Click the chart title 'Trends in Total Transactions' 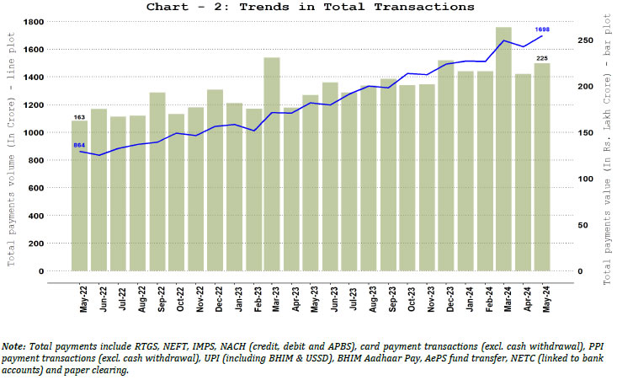310,7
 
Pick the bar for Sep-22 157,182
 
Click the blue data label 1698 543,29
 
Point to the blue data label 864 79,145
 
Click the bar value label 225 542,58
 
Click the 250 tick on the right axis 584,40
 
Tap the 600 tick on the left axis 35,188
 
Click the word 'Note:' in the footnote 14,346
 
